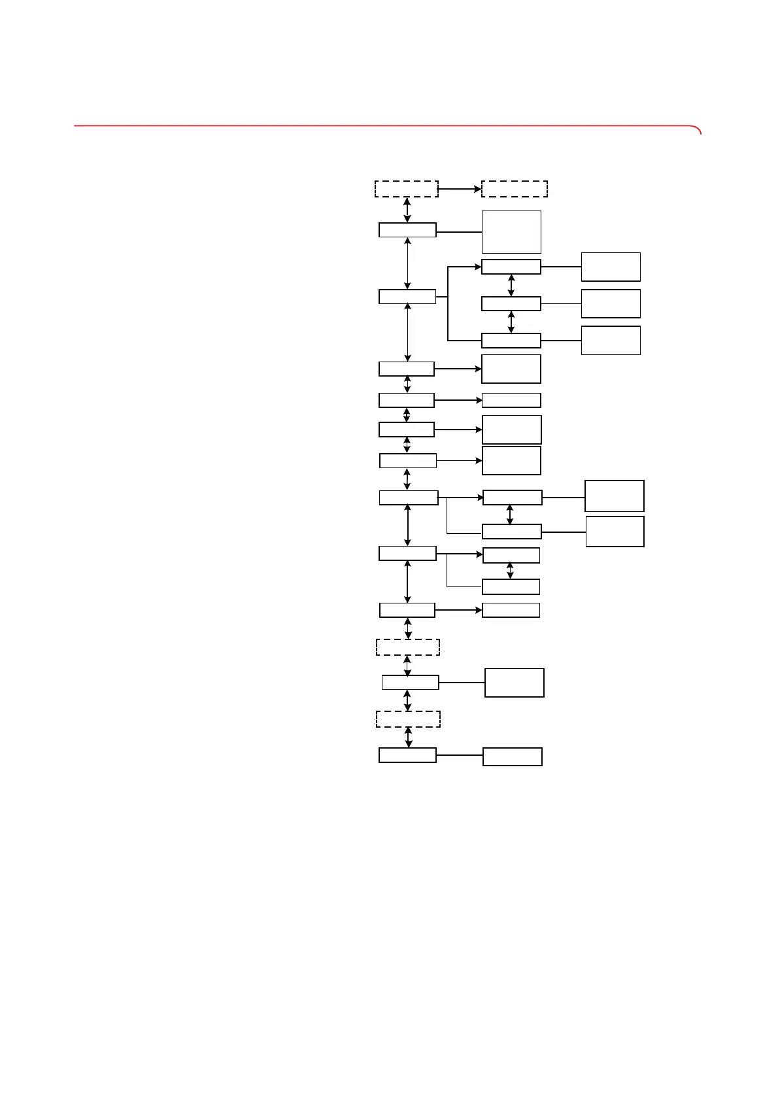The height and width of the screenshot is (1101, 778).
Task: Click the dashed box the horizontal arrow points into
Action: click(x=515, y=188)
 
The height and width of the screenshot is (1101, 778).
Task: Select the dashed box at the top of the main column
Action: click(x=406, y=188)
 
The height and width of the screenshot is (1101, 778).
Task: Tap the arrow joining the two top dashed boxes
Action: click(x=460, y=189)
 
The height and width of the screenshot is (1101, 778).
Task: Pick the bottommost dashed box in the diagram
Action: click(x=408, y=719)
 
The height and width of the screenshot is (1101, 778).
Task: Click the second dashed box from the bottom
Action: click(x=408, y=647)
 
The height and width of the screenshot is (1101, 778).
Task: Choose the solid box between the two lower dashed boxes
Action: click(x=410, y=683)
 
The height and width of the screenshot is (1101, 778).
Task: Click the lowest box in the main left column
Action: click(x=407, y=755)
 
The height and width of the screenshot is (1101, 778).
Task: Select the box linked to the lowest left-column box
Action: click(x=513, y=756)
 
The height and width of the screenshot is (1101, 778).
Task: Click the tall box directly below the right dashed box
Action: click(x=511, y=231)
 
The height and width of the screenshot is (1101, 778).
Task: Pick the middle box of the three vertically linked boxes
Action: click(x=511, y=303)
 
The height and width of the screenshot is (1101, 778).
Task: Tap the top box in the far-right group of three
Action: click(x=611, y=267)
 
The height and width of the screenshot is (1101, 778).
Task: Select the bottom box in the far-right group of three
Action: click(x=611, y=340)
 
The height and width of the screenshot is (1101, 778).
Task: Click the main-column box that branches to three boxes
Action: click(x=407, y=296)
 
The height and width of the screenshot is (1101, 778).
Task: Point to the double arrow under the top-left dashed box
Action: click(x=407, y=210)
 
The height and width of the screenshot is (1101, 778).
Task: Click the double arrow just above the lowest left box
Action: click(x=409, y=737)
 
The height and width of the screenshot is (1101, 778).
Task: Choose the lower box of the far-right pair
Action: click(x=615, y=532)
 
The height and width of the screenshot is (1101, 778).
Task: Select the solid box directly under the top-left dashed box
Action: click(x=407, y=229)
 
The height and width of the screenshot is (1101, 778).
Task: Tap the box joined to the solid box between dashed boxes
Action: click(x=515, y=683)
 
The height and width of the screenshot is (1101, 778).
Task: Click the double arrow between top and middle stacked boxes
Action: click(x=511, y=285)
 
